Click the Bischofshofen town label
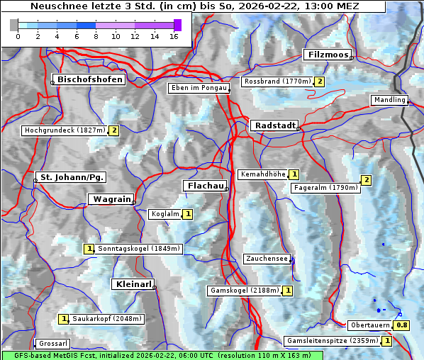pos(90,80)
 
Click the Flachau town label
pos(205,186)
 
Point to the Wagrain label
pos(110,199)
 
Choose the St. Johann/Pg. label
pos(72,176)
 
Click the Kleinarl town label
pos(133,284)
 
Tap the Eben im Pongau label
pos(198,88)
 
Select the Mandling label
pos(389,100)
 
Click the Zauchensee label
pos(267,259)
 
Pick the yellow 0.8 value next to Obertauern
pos(402,325)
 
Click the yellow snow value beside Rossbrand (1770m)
pos(320,81)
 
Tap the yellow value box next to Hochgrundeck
pos(113,130)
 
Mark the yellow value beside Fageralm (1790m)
pos(366,180)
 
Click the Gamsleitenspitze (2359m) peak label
pos(331,341)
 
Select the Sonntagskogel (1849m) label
pos(140,249)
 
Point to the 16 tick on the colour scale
pos(174,35)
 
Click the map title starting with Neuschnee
pos(194,6)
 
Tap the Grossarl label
pos(52,344)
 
